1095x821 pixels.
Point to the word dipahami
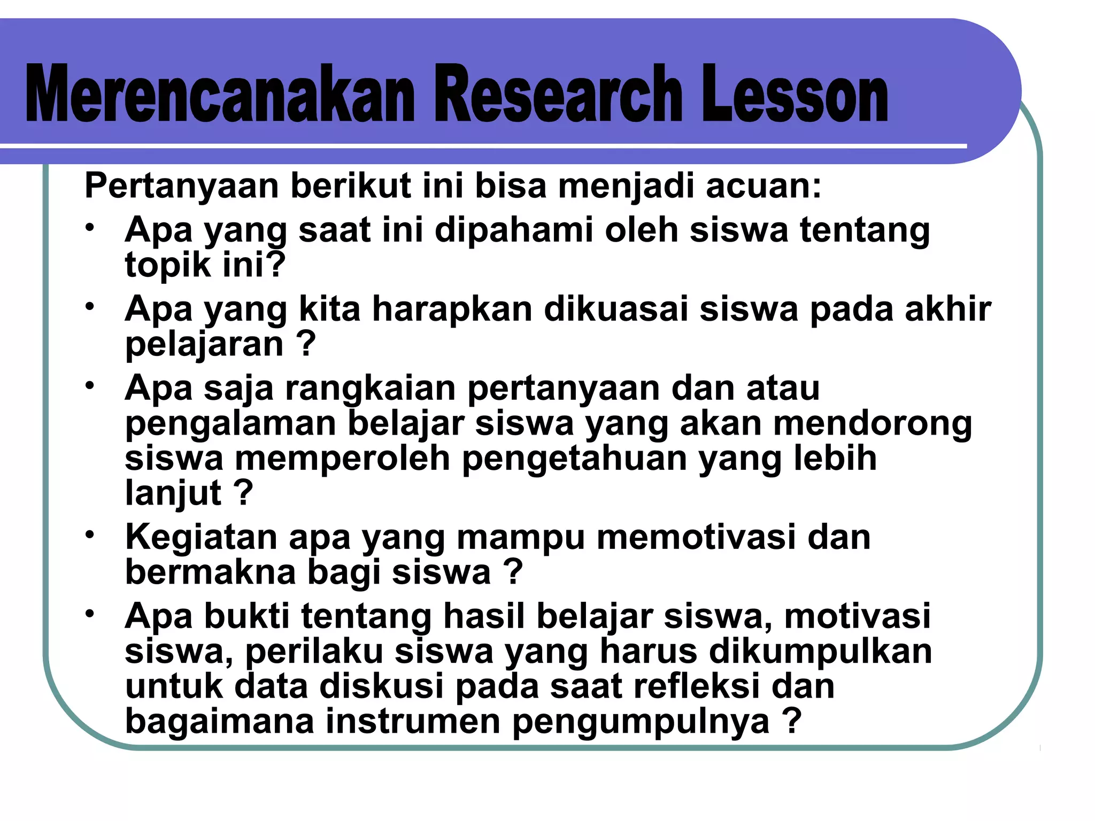click(514, 230)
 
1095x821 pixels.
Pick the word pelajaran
click(204, 345)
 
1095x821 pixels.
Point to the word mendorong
click(872, 423)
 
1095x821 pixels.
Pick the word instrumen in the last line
click(413, 722)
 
